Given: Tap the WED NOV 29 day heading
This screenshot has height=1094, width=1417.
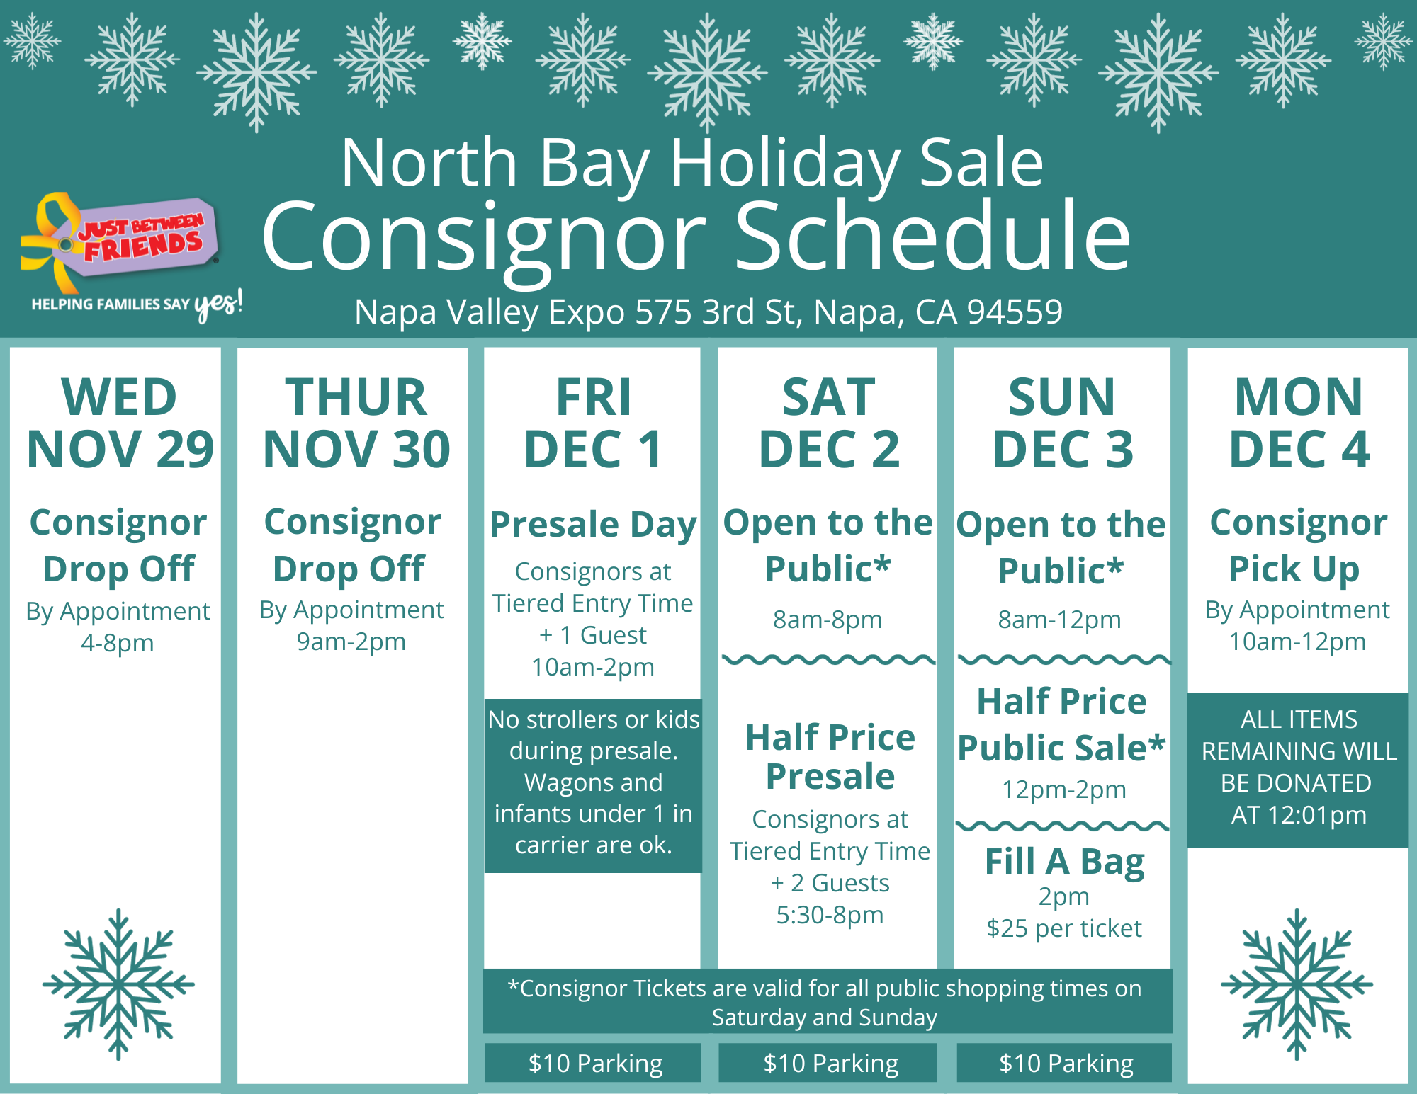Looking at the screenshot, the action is (119, 423).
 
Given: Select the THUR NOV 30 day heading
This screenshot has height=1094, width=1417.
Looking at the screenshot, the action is (356, 423).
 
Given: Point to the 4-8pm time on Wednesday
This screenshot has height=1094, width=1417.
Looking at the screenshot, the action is (118, 643).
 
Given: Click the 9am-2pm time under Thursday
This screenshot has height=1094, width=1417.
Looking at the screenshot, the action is (351, 642).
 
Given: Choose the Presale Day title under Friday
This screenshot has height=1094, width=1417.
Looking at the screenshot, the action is (593, 525).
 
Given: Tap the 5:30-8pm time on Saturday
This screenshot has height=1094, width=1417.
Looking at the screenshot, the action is (830, 915).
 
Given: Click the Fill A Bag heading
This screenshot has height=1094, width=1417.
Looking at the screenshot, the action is (1065, 862).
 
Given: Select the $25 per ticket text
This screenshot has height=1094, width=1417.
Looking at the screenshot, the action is (1064, 928).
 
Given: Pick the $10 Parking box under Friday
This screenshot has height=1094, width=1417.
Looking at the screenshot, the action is (593, 1063).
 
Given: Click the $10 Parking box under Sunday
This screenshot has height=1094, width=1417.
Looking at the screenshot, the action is (1064, 1063).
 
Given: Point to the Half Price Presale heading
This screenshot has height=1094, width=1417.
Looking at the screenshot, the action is (830, 757).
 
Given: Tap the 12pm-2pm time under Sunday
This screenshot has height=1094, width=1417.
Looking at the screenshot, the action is (1063, 790).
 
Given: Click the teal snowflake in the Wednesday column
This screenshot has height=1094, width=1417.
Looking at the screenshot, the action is (118, 984).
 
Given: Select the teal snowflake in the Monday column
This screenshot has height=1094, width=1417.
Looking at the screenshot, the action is (1297, 984).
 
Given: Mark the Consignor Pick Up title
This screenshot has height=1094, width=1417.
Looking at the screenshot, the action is (1298, 545).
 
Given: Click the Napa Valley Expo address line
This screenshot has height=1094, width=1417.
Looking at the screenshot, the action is (708, 312).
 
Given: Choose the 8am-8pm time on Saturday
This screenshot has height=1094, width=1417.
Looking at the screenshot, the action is (828, 620).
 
